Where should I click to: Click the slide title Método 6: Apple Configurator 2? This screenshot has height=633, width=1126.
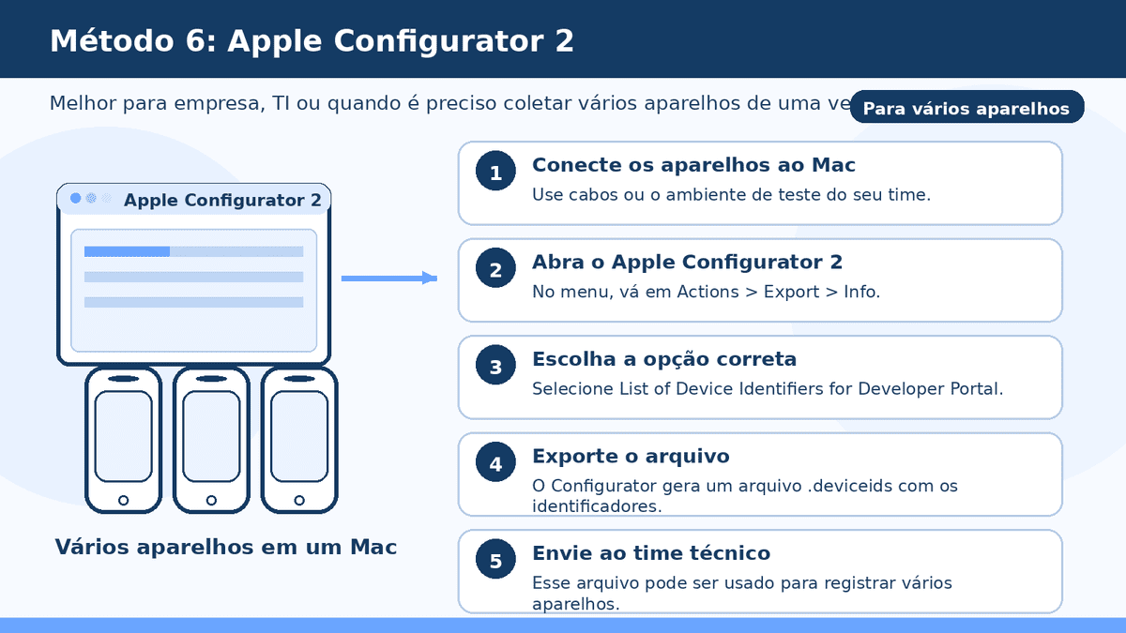(x=312, y=41)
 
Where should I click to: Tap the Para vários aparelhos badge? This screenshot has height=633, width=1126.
(x=966, y=108)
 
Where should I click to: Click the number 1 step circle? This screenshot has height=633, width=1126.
(x=496, y=173)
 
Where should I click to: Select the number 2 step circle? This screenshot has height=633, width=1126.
(x=496, y=270)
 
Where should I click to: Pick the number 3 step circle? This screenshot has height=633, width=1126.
(x=496, y=367)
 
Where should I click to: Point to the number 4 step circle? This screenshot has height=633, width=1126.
(x=496, y=464)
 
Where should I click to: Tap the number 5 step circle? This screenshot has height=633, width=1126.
(x=496, y=561)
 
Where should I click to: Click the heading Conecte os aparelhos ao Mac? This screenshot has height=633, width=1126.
(x=693, y=165)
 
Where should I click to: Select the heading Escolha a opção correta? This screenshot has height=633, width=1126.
(x=663, y=359)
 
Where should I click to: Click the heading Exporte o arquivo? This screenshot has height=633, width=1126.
(x=631, y=457)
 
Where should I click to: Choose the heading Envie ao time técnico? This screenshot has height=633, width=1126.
(x=650, y=553)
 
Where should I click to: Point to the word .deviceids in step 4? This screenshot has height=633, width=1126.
(x=853, y=486)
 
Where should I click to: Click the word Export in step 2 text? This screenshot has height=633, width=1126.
(x=791, y=292)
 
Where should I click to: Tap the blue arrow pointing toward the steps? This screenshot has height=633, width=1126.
(x=388, y=278)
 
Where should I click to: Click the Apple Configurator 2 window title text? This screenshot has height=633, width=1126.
(x=222, y=200)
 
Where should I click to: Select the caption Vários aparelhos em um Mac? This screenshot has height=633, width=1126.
(x=225, y=547)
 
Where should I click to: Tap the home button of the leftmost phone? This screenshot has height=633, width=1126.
(x=124, y=501)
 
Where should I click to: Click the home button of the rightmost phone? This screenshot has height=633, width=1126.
(x=299, y=501)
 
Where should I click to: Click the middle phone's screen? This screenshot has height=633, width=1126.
(x=211, y=436)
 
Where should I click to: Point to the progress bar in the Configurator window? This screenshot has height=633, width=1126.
(x=193, y=251)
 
